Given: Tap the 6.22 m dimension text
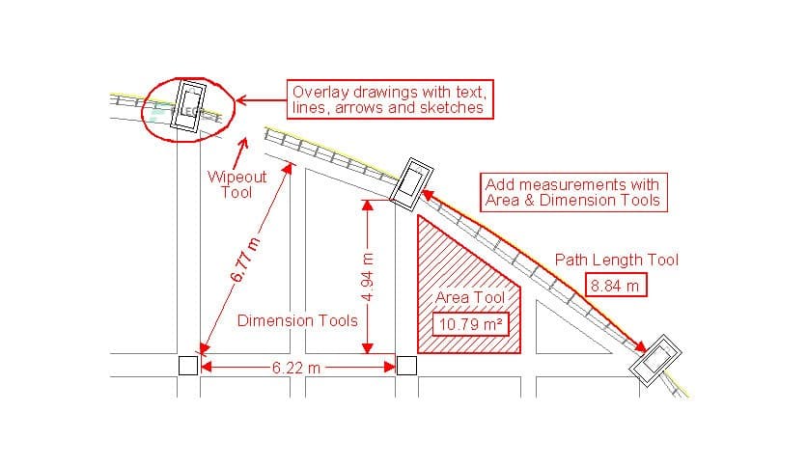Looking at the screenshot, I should pos(296,367).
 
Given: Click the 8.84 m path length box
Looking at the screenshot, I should pos(616,286).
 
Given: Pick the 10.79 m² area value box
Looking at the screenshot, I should pos(469,324).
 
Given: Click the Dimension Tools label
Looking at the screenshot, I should pos(297,320).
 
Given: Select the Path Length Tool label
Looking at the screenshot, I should pos(616,260).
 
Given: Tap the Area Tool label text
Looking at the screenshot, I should pos(470,298).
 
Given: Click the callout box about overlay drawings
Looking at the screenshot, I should pos(391,100).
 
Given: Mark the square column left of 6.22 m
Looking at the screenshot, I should pos(188,366).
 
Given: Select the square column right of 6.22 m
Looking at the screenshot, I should pos(406,366).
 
